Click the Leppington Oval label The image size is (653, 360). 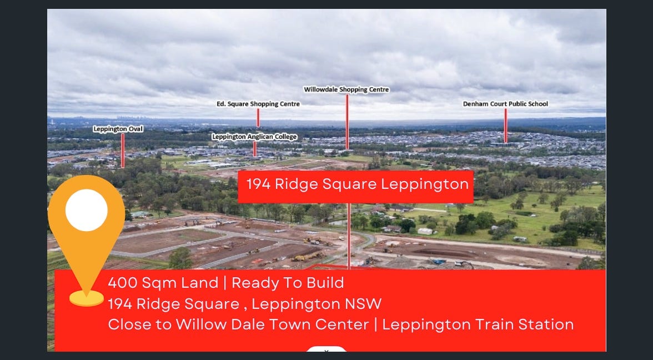[118, 129]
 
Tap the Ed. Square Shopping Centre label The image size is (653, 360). [258, 104]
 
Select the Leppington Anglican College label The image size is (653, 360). [254, 137]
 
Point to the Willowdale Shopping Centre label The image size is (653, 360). [346, 89]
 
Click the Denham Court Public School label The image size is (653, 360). [505, 104]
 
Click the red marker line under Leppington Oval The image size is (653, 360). [123, 151]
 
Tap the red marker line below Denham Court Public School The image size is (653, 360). [505, 126]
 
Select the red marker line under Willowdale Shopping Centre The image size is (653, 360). [347, 122]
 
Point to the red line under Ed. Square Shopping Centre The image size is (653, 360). [258, 118]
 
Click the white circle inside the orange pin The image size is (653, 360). [87, 210]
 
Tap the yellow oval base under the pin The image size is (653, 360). [87, 298]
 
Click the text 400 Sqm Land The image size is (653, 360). [163, 283]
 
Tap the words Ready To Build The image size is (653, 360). [288, 283]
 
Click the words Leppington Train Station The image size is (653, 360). [478, 325]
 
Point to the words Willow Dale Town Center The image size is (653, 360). [272, 324]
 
